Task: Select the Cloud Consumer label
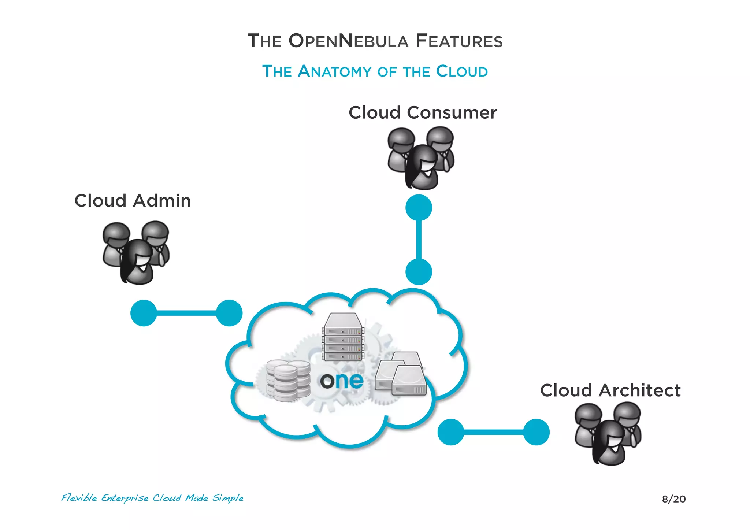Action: coord(422,112)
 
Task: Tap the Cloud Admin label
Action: coord(133,201)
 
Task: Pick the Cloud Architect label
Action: coord(610,390)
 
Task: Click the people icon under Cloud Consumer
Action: coord(421,158)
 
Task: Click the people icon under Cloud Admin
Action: coord(136,253)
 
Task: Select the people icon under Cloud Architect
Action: coord(608,434)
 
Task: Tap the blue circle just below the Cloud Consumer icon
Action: coord(419,208)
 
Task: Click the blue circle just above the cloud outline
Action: coord(419,272)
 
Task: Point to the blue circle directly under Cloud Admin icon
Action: coord(144,313)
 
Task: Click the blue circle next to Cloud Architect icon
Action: coord(536,432)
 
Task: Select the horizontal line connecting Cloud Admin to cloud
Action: coord(186,313)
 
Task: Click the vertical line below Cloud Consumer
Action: coord(419,240)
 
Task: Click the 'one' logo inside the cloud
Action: coord(342,381)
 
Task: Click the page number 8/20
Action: coord(673,499)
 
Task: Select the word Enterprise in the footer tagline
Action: coord(125,499)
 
